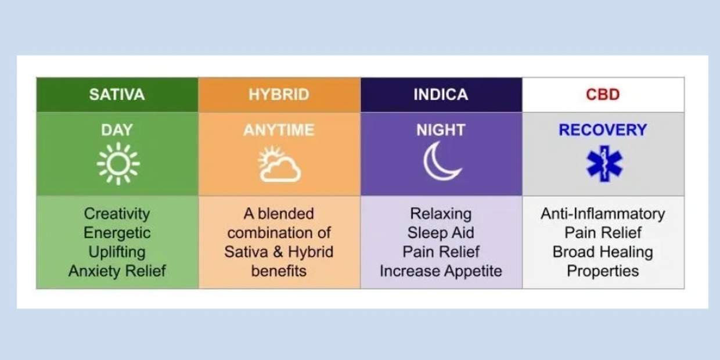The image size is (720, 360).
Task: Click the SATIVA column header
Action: point(117,95)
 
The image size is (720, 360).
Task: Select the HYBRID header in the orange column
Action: point(279,95)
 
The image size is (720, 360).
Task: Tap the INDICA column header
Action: point(441,95)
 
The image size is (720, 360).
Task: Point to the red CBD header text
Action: point(603,95)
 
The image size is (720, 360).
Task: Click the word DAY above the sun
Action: point(117,130)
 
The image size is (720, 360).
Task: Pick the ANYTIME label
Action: point(279,130)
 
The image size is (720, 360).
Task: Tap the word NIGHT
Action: point(441,130)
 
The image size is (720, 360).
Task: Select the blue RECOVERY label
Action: point(603,130)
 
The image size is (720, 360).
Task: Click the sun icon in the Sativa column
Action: point(118,164)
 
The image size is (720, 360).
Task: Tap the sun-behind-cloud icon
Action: point(279,164)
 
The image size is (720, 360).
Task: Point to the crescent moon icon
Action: point(441,162)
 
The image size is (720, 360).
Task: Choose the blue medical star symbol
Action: point(604,164)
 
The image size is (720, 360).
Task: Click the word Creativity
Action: point(117,214)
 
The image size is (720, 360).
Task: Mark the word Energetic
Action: point(117,233)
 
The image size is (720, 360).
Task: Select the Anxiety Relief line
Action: point(117,271)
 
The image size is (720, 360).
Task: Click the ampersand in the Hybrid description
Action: point(268,252)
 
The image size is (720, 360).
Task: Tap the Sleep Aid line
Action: point(441,233)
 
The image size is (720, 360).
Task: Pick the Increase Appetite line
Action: point(441,271)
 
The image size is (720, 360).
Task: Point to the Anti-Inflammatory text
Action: point(603,214)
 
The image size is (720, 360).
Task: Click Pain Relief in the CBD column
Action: point(603,233)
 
